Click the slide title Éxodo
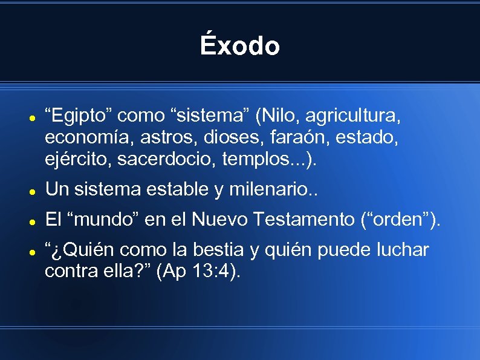tap(240, 46)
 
